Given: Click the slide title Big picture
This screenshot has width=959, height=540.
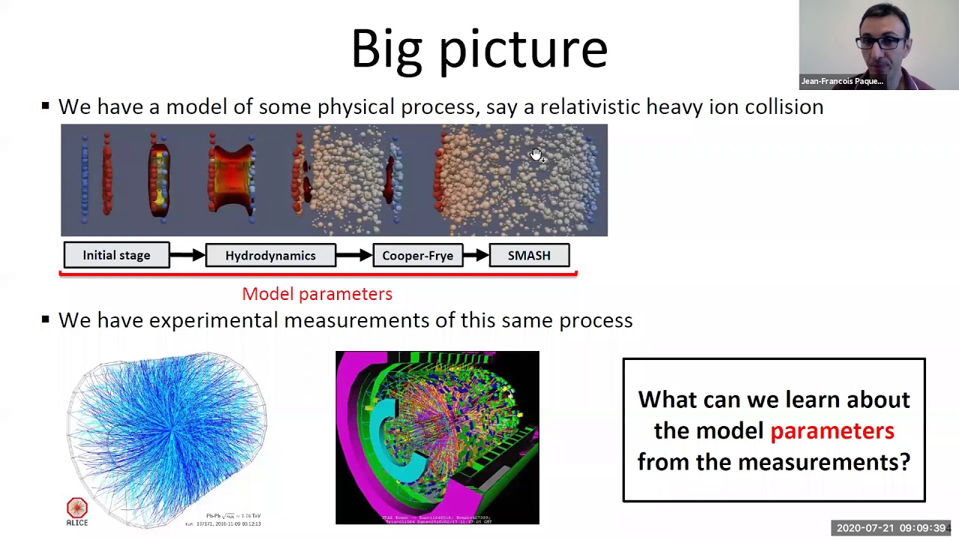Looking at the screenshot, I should [479, 49].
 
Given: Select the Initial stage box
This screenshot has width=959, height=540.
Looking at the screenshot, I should [116, 256].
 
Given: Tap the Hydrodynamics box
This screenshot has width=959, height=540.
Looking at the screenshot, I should [270, 256].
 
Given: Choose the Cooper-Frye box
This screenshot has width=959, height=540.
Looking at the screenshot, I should [417, 256].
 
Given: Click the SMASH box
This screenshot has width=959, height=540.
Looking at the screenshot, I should [529, 256].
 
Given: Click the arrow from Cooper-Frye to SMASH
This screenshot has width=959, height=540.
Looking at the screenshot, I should [476, 256].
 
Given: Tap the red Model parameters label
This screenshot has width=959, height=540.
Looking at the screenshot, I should [317, 294].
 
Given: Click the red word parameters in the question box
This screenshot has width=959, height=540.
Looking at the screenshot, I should [832, 430].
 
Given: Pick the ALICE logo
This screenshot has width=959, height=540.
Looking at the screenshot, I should [77, 511].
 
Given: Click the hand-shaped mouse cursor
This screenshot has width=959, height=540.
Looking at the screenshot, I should [536, 154].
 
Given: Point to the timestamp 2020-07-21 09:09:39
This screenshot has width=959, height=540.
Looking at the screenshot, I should [891, 528].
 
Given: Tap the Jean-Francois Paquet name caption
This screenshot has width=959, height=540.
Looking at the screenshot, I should [841, 81].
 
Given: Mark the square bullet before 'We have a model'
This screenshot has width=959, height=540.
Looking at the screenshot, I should [46, 106].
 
